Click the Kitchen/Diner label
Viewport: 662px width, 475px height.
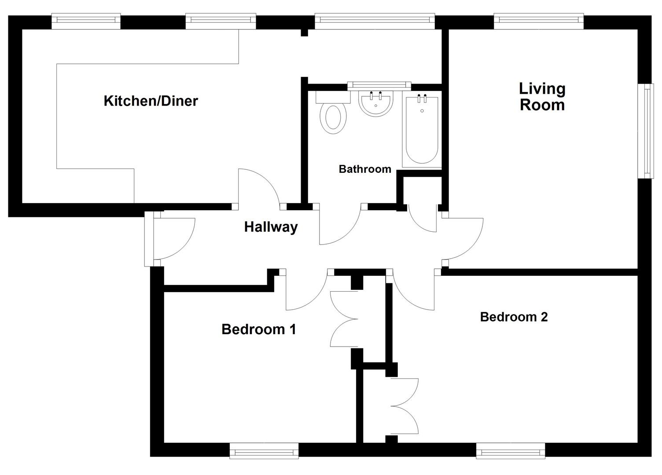(151, 101)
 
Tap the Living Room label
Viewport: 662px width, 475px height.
(542, 97)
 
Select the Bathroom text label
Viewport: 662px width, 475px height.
(365, 169)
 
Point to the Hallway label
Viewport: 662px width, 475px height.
(271, 227)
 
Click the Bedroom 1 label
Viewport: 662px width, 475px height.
(258, 329)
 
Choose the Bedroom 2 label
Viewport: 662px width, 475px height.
(514, 317)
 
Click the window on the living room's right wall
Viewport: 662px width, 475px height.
(645, 131)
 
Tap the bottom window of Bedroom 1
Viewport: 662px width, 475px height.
(264, 451)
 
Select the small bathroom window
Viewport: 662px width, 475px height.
(379, 85)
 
